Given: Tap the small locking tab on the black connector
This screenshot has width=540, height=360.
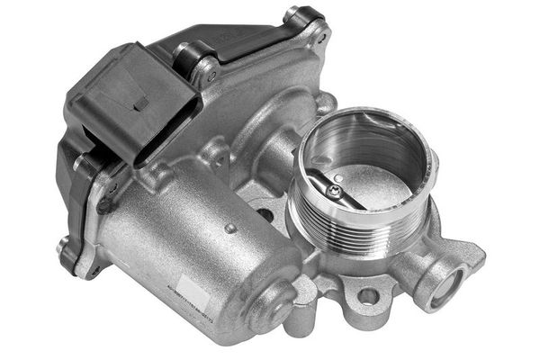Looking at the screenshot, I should click(x=141, y=103).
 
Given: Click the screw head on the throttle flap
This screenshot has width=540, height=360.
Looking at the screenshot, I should click(x=336, y=191).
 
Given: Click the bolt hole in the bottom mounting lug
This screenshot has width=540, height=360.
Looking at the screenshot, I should click(x=367, y=295).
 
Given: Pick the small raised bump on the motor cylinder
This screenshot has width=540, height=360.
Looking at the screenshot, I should click(x=230, y=229).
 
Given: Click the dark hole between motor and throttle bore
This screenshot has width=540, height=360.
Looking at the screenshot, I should click(x=265, y=216).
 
